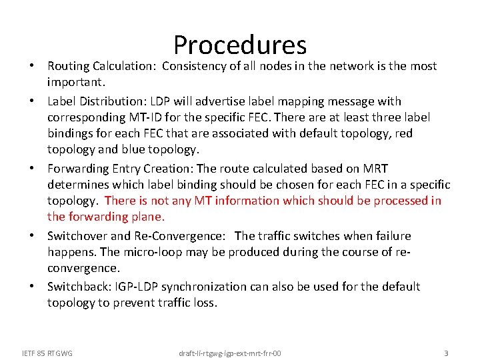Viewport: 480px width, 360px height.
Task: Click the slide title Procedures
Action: click(x=240, y=45)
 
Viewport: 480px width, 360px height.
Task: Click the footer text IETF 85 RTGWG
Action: click(x=47, y=353)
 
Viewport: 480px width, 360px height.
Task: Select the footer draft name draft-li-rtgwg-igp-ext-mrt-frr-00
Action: click(x=230, y=353)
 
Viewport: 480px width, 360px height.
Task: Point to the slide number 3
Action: click(x=446, y=352)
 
